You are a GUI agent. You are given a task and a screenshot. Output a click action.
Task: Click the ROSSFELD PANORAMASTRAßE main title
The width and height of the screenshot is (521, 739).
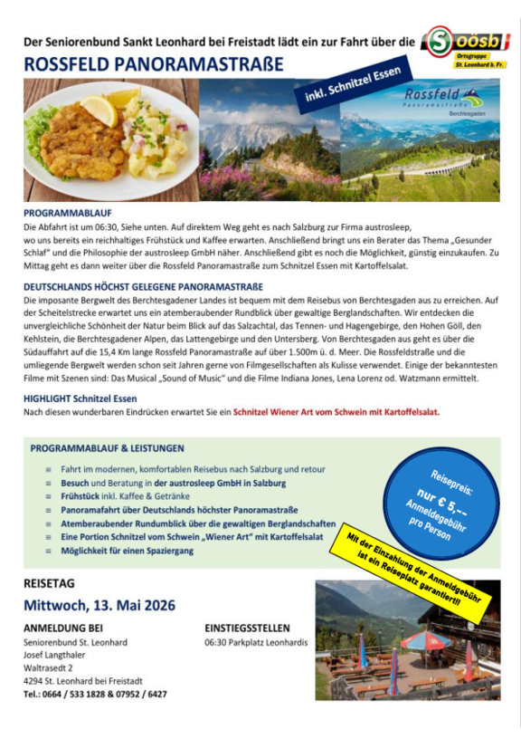[x=153, y=65]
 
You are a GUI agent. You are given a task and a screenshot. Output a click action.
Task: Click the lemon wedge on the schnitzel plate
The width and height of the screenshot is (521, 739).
[x=99, y=109]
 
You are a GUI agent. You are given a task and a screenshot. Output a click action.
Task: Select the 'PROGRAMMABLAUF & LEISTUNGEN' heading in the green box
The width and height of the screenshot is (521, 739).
[x=107, y=448]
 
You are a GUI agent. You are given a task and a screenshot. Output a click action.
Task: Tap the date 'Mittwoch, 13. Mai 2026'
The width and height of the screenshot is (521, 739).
[x=99, y=605]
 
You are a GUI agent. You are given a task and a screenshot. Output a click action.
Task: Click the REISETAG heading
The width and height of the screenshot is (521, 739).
[x=50, y=582]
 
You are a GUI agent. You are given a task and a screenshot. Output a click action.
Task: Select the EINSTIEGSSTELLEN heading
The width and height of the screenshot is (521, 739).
[x=247, y=628]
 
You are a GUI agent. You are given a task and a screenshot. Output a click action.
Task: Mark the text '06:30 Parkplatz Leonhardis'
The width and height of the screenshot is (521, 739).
[x=256, y=642]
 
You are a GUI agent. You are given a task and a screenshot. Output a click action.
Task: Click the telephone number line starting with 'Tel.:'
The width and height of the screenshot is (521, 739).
[x=95, y=694]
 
